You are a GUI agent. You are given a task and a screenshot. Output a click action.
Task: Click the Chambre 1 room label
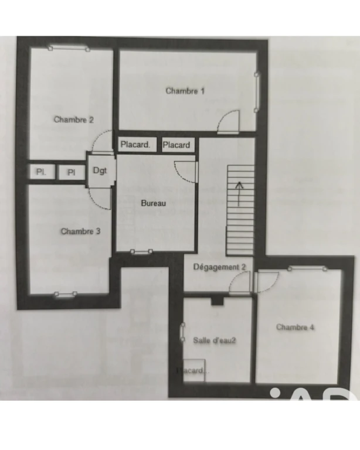[185, 91]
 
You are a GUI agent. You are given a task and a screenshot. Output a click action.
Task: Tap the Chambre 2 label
[74, 120]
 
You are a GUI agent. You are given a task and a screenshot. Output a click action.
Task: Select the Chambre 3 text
[81, 231]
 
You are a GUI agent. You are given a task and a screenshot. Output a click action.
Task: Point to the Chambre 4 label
[295, 327]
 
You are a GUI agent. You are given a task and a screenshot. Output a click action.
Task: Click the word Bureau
[154, 203]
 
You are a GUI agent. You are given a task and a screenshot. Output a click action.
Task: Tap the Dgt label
[100, 171]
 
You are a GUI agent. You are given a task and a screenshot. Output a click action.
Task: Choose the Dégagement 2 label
[220, 267]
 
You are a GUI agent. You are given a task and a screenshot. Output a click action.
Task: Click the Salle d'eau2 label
[215, 340]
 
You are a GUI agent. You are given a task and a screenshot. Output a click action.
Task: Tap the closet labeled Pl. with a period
[42, 172]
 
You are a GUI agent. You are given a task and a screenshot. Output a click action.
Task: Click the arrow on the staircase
[239, 194]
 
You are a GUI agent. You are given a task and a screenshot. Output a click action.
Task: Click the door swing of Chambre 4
[267, 282]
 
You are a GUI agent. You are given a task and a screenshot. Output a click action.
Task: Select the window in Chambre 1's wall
[256, 93]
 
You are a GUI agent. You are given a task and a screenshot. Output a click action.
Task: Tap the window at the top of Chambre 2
[69, 48]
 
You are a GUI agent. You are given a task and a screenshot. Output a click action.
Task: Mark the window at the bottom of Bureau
[141, 252]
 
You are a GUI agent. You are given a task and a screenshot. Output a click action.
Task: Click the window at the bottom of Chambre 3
[66, 294]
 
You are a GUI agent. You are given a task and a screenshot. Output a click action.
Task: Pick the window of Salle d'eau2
[182, 332]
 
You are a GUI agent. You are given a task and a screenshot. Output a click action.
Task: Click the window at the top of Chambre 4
[307, 268]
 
